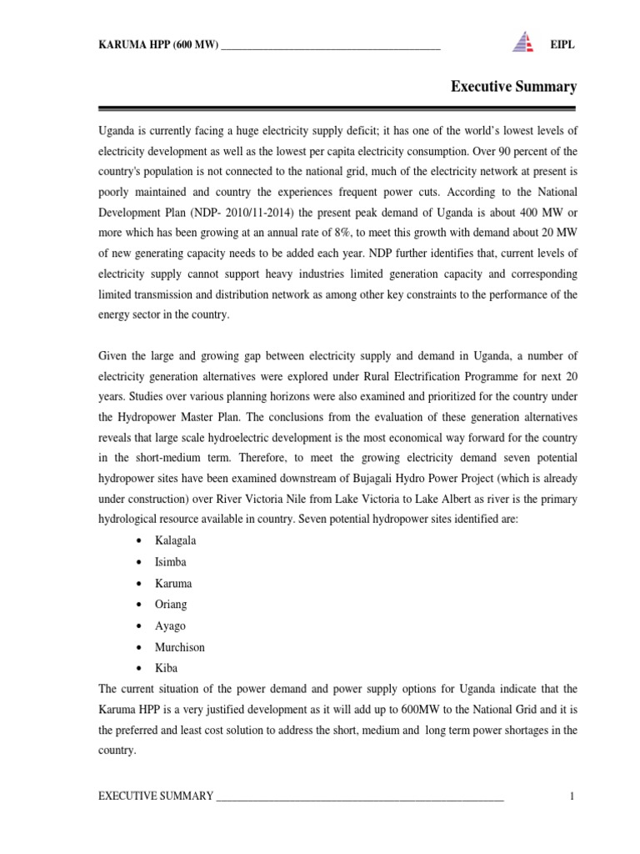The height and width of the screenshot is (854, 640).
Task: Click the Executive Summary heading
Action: [513, 86]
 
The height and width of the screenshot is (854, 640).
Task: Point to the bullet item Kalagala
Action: [175, 540]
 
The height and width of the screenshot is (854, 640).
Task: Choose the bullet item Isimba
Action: [170, 562]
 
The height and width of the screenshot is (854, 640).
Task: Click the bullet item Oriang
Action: [171, 605]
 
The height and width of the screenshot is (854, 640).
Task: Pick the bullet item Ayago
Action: [170, 625]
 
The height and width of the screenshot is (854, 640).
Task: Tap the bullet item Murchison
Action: [179, 647]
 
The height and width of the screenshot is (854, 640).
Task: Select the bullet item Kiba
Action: [166, 668]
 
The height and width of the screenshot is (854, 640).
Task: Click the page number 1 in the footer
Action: [572, 796]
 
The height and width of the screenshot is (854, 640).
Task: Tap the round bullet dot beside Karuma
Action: [137, 584]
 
